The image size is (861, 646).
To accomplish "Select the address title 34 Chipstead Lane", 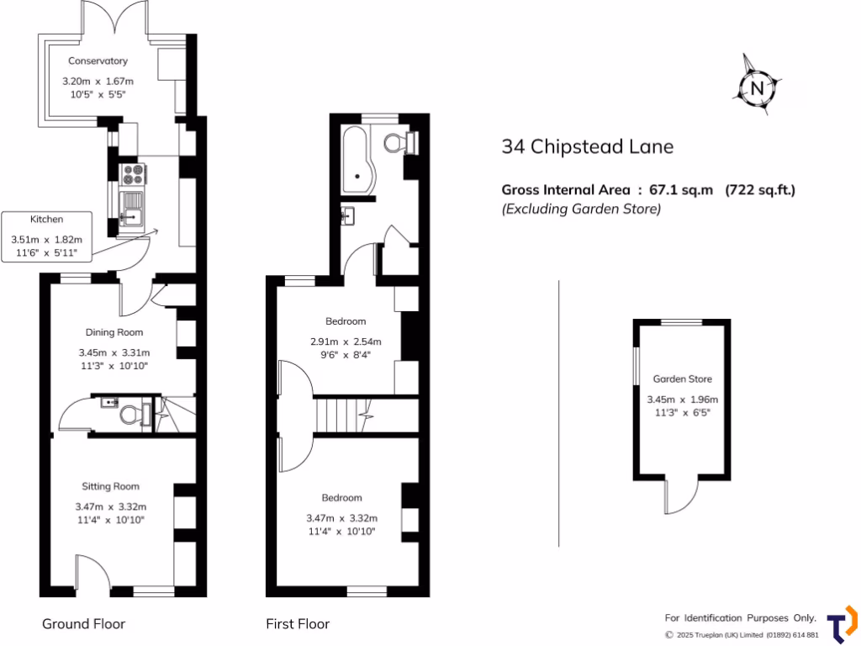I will [587, 146].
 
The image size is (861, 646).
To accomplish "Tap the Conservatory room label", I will [98, 61].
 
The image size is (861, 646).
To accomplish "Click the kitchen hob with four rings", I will [134, 174].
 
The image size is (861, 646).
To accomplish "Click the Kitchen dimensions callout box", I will [47, 235].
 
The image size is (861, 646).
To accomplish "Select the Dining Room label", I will [114, 332].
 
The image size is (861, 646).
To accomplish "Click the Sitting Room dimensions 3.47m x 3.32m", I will [110, 506].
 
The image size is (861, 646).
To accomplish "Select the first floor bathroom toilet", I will [399, 142].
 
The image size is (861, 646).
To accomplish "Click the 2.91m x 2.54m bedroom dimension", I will [346, 342].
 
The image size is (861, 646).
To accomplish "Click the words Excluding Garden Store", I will [581, 209].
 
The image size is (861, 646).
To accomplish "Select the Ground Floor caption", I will [83, 623].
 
